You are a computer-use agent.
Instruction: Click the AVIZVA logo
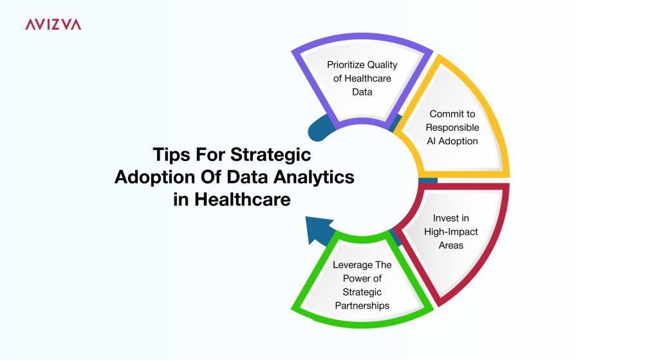click(53, 24)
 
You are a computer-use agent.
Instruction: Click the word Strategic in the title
click(271, 155)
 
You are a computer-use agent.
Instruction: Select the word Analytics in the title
click(314, 176)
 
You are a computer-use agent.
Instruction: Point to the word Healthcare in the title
click(242, 199)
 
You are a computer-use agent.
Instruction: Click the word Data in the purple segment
click(362, 91)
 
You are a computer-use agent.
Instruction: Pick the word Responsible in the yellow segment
click(452, 128)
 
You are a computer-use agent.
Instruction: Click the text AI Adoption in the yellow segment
click(452, 141)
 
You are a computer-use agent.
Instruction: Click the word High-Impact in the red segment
click(451, 232)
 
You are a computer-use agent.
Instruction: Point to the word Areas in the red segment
click(451, 245)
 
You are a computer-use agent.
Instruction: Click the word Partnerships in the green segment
click(362, 306)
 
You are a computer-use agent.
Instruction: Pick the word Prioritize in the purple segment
click(342, 65)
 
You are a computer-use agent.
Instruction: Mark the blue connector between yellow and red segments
click(428, 180)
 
